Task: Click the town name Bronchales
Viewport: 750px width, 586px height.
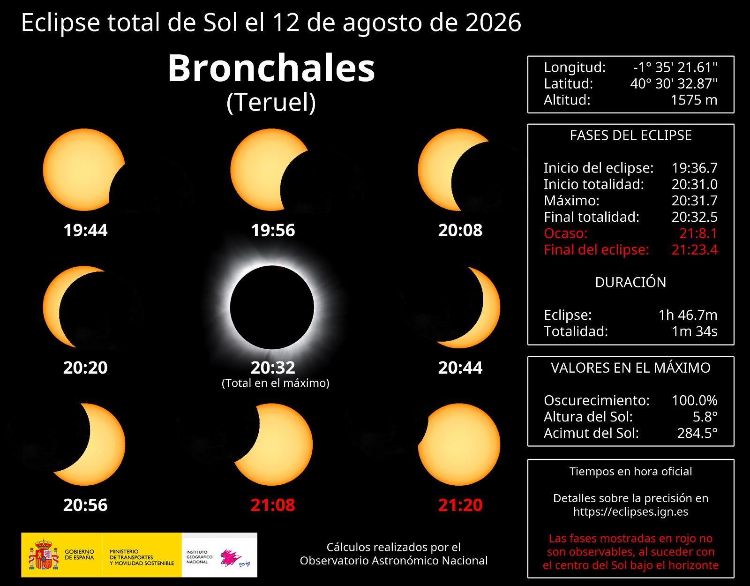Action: (x=271, y=68)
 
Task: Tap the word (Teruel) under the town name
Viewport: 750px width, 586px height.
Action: (x=271, y=103)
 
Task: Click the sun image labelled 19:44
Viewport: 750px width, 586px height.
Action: (x=84, y=169)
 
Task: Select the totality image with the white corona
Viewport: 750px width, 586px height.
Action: (x=272, y=307)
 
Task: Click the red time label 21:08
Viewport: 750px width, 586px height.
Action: (x=273, y=505)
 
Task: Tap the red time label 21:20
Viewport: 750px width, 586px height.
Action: (x=460, y=505)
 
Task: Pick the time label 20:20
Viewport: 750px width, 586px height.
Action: (x=85, y=368)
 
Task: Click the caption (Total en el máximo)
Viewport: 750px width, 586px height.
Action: (x=276, y=383)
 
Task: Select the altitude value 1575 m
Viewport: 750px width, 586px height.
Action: (x=694, y=100)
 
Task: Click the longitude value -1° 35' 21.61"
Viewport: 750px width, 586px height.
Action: (x=675, y=68)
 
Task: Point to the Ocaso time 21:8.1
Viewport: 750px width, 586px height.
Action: (x=698, y=233)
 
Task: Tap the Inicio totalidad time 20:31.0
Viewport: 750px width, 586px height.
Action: (x=694, y=184)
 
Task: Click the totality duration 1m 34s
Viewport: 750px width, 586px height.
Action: (x=694, y=331)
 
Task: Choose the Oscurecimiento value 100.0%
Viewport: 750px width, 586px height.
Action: (x=694, y=400)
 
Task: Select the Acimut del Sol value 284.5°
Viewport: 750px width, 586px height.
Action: (x=697, y=433)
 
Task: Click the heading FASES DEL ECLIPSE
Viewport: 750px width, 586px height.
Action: (x=630, y=135)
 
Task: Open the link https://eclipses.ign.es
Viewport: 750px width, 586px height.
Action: (x=630, y=511)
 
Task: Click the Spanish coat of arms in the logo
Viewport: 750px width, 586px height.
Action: (x=44, y=555)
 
